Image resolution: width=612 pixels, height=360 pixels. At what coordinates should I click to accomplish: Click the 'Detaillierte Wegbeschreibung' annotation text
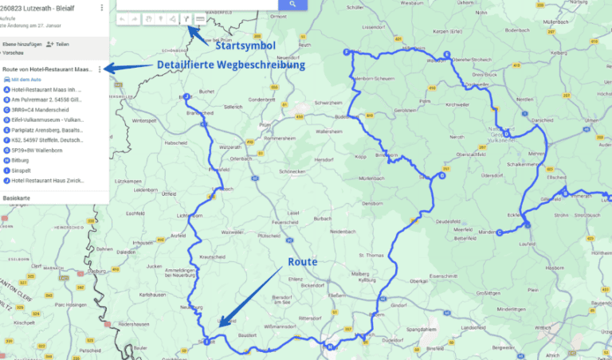pos(231,65)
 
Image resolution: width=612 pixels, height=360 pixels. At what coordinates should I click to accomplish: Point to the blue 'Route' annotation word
pos(304,261)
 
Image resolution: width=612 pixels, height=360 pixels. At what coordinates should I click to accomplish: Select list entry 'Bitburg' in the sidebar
pos(19,159)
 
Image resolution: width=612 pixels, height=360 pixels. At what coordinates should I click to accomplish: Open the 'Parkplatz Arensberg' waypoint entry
pos(45,129)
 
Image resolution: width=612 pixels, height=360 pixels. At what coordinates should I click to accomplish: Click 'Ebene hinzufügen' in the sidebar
pos(22,45)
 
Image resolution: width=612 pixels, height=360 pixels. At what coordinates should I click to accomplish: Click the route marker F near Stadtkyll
pos(346,53)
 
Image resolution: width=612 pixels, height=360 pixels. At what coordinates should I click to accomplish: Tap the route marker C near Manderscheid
pos(499,233)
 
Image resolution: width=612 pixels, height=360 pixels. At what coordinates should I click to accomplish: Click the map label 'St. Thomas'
pos(372,255)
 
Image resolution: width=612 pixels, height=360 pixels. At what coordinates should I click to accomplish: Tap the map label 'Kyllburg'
pos(367,280)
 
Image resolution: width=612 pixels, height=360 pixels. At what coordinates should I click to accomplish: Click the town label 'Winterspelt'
pos(145,121)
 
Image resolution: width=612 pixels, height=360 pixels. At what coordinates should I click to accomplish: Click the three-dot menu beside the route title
pos(100,70)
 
